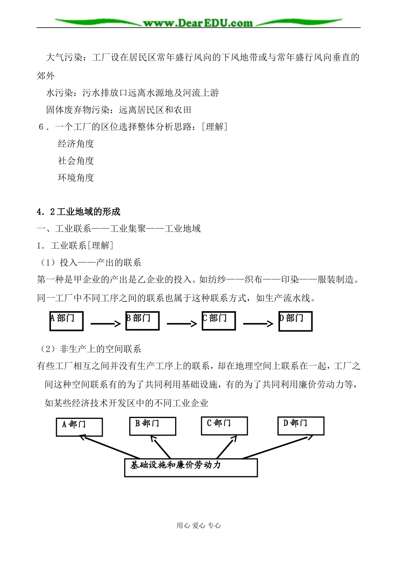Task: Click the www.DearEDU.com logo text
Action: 198,23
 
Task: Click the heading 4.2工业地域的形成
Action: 79,212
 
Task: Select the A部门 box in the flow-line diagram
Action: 66,321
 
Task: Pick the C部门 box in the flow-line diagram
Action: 218,321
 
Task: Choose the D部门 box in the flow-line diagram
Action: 295,321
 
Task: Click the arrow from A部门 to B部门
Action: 104,324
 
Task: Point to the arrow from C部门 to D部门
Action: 258,324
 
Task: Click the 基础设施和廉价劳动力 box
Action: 191,467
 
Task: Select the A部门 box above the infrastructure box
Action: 79,426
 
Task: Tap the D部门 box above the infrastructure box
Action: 300,426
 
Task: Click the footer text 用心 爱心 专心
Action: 198,526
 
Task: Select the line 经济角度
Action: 76,144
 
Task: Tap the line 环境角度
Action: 76,177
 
